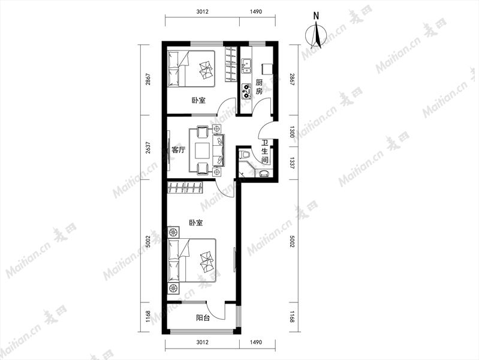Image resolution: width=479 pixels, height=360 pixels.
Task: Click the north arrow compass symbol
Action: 317,33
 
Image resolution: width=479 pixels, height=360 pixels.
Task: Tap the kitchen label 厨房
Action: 259,87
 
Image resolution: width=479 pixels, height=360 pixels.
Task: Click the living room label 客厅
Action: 178,150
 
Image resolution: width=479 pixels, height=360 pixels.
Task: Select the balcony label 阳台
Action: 203,318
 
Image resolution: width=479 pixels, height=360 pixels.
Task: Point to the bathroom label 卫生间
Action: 264,151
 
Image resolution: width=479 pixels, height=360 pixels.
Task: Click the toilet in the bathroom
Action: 245,154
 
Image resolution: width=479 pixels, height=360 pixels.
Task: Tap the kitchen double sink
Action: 246,67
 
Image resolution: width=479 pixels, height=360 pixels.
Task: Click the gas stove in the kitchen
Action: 246,91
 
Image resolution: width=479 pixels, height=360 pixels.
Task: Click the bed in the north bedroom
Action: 191,69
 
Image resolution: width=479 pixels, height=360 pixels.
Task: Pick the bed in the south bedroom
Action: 192,260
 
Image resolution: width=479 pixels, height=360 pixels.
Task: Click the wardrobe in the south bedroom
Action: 185,187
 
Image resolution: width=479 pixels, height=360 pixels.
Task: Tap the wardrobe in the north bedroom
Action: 231,64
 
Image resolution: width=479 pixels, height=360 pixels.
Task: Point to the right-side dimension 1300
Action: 292,131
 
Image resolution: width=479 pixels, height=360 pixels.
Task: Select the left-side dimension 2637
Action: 149,148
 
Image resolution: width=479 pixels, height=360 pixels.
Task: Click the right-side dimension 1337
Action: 292,163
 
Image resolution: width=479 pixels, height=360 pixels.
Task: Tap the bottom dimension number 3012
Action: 202,342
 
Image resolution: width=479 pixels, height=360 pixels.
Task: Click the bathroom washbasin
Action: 264,173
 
